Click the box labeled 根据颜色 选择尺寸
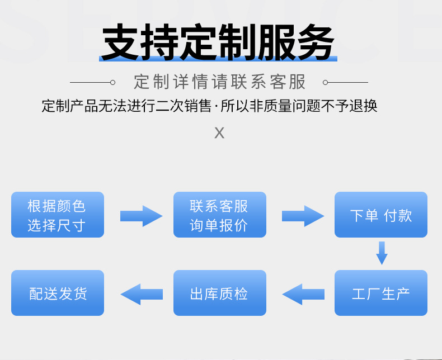(58, 215)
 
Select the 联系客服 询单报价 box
(219, 215)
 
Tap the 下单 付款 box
(381, 215)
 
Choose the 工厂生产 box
(381, 293)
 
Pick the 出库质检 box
(219, 293)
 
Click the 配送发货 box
(58, 293)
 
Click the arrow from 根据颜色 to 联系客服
(140, 216)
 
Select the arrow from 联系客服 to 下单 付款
(302, 216)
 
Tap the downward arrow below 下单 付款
(382, 253)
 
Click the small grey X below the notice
(219, 133)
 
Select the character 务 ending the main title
(316, 43)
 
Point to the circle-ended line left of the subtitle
(92, 82)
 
